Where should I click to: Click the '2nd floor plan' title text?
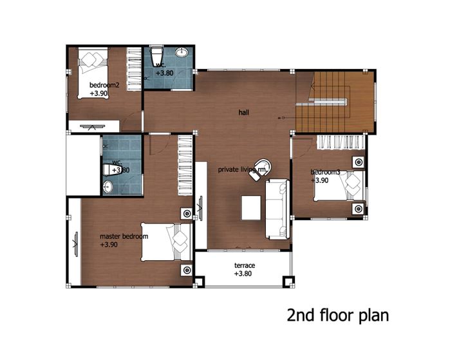(338, 316)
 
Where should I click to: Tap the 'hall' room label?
(243, 112)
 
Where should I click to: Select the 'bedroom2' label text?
(104, 85)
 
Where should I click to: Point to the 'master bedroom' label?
(124, 236)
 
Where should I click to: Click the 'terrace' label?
(245, 265)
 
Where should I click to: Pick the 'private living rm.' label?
(243, 169)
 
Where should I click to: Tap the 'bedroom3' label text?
(325, 172)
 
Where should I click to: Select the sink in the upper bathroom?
(182, 52)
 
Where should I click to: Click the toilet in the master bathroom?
(112, 169)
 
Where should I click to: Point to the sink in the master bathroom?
(108, 187)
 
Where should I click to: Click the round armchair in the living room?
(261, 169)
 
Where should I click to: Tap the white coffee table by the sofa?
(251, 207)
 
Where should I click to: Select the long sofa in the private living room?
(277, 209)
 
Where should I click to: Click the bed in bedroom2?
(93, 73)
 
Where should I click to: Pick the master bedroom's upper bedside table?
(187, 214)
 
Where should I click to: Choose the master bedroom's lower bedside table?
(187, 270)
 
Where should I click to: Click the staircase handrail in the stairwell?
(328, 100)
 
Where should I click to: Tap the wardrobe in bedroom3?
(341, 142)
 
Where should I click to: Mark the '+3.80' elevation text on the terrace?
(243, 274)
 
